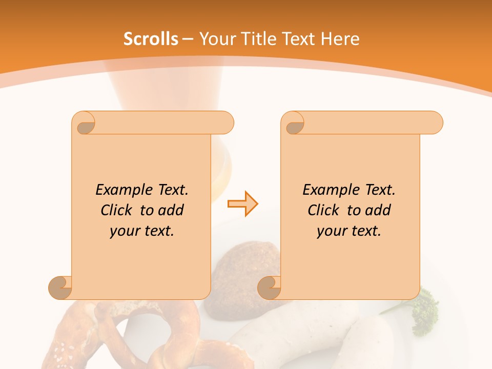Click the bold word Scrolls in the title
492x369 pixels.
coord(151,39)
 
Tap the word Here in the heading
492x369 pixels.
coord(340,39)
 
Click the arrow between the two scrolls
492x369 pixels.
coord(242,204)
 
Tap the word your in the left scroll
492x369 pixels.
coord(124,231)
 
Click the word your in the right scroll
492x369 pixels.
coord(331,231)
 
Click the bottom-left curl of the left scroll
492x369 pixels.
coord(60,287)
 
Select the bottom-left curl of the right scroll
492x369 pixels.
coord(270,287)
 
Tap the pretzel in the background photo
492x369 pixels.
coord(128,338)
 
